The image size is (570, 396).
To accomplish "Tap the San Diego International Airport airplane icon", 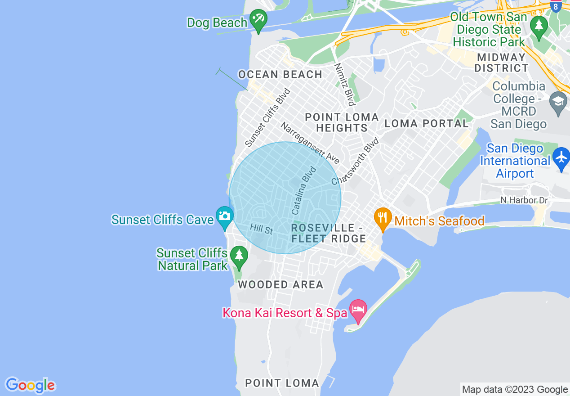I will [x=561, y=157].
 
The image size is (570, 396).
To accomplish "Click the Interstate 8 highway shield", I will [x=556, y=6].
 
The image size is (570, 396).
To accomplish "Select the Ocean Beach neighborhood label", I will [x=280, y=74].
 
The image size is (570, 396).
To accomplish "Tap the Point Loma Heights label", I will [x=342, y=122].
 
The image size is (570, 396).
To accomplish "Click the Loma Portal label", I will [x=427, y=123].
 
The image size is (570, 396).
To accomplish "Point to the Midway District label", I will [x=501, y=63].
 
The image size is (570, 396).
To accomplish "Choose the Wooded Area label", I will [x=281, y=284].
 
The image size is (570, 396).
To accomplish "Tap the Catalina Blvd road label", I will [x=304, y=190].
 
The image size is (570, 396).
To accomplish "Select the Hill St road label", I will [x=262, y=229].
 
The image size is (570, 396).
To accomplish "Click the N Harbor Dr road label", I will [x=524, y=200].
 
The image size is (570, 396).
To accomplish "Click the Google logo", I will [x=30, y=385].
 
